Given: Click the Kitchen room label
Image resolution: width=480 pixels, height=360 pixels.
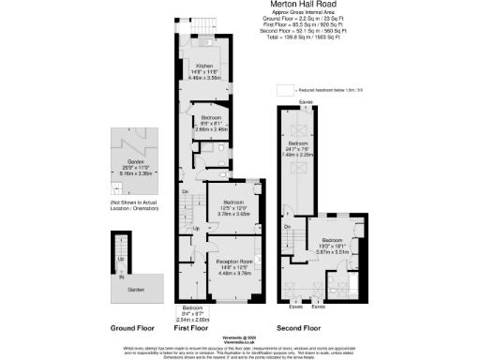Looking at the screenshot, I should pyautogui.click(x=204, y=65).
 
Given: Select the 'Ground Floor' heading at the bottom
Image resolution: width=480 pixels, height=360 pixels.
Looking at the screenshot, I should pyautogui.click(x=131, y=328).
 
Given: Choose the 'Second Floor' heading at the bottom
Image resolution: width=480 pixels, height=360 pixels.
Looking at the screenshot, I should pyautogui.click(x=298, y=328).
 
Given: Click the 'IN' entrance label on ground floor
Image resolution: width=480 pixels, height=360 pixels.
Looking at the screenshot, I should pyautogui.click(x=120, y=277).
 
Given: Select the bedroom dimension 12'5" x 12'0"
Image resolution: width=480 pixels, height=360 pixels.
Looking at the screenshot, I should pyautogui.click(x=232, y=208).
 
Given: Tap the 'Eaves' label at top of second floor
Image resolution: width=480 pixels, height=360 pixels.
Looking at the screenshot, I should pyautogui.click(x=305, y=101).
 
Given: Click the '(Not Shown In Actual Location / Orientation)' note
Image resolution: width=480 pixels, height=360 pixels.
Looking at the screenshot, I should pyautogui.click(x=131, y=204).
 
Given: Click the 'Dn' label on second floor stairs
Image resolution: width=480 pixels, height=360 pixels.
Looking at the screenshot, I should pyautogui.click(x=288, y=226).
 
